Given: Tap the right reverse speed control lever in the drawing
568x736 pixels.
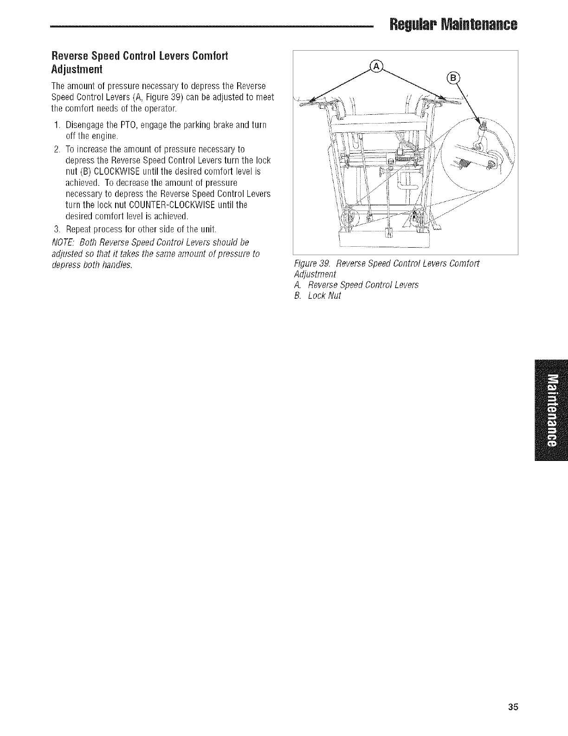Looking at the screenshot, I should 439,99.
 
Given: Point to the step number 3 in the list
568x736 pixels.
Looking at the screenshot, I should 56,230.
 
